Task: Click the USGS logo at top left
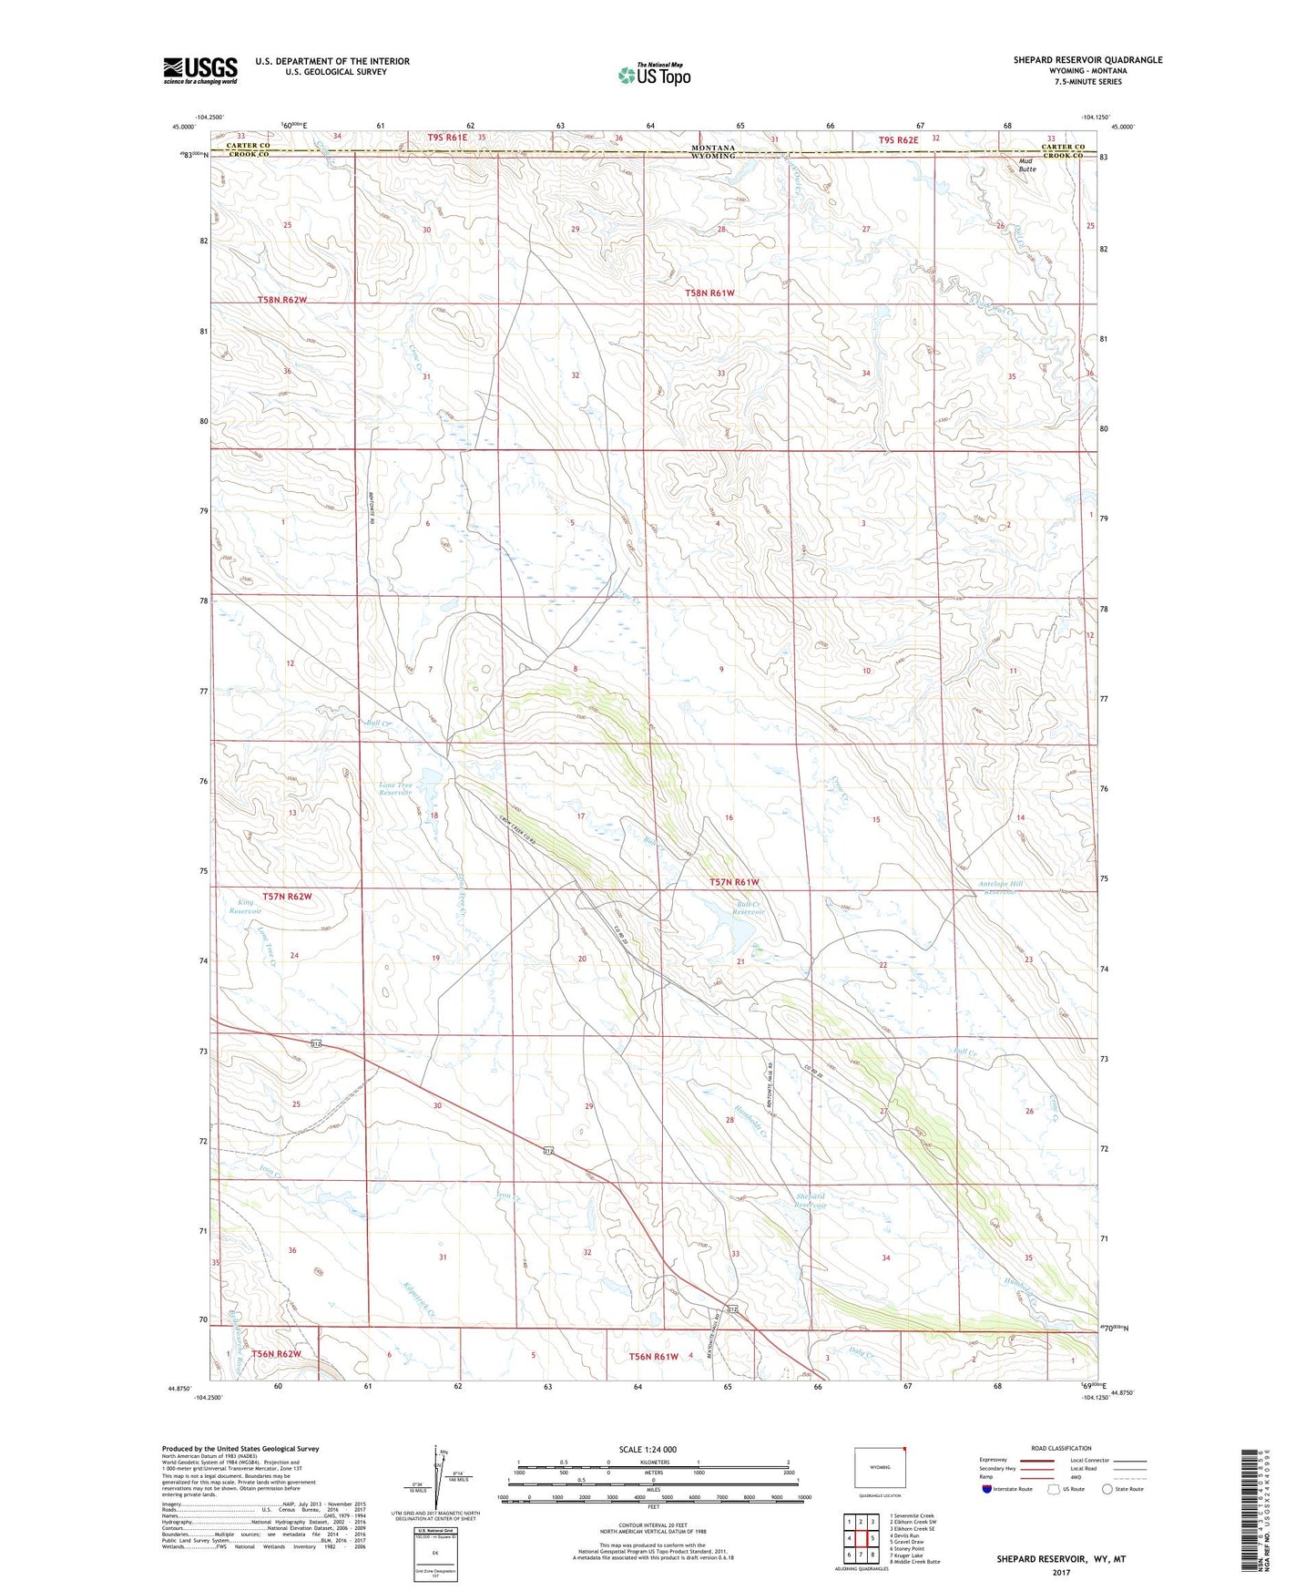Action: tap(200, 70)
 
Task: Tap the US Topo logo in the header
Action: tap(654, 75)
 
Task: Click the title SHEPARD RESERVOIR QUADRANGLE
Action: tap(1087, 60)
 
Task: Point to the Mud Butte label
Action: tap(1027, 165)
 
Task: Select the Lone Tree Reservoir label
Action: tap(395, 788)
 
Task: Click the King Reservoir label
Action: tap(245, 906)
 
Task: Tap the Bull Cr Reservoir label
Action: tap(749, 908)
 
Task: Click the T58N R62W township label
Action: tap(282, 299)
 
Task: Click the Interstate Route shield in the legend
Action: tap(989, 1489)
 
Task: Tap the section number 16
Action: tap(729, 817)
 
